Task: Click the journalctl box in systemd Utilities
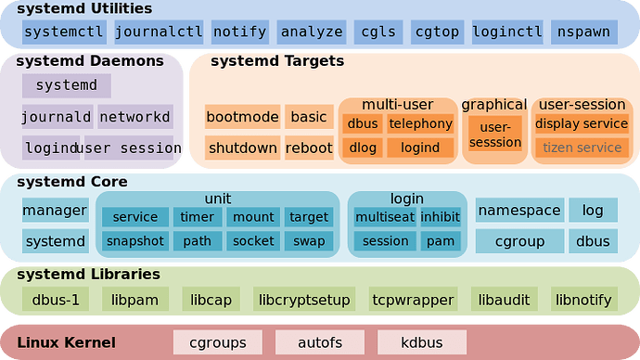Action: coord(159,32)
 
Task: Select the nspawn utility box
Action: coord(584,32)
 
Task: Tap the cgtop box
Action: coord(437,32)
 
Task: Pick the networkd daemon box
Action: coord(135,117)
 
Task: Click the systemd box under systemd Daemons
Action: coord(67,85)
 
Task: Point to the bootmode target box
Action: coord(242,117)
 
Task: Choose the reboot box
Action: coord(309,148)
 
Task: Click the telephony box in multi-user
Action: coord(420,124)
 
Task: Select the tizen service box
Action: coord(582,148)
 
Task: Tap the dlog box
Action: coord(363,148)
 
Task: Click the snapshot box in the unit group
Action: coord(135,241)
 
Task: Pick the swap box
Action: coord(309,241)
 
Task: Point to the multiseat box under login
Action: coord(385,217)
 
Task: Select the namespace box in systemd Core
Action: coord(519,211)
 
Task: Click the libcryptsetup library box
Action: coord(304,299)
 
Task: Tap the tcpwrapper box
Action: coord(413,299)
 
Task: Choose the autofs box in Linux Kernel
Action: coord(320,342)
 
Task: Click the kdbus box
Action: coord(422,342)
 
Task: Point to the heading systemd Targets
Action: coord(277,61)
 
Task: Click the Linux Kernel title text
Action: coord(66,342)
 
